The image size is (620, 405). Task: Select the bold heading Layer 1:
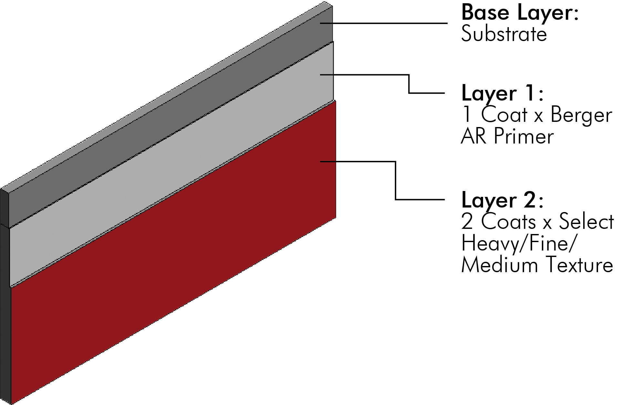coord(502,94)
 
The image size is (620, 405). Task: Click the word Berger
coord(581,115)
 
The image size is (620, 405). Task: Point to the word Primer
coord(523,136)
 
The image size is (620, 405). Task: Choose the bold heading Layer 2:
coord(502,201)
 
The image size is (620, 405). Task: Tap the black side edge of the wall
coord(5,291)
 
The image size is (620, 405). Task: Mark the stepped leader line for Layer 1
coord(409,84)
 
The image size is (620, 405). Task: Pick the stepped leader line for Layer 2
coord(396,181)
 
